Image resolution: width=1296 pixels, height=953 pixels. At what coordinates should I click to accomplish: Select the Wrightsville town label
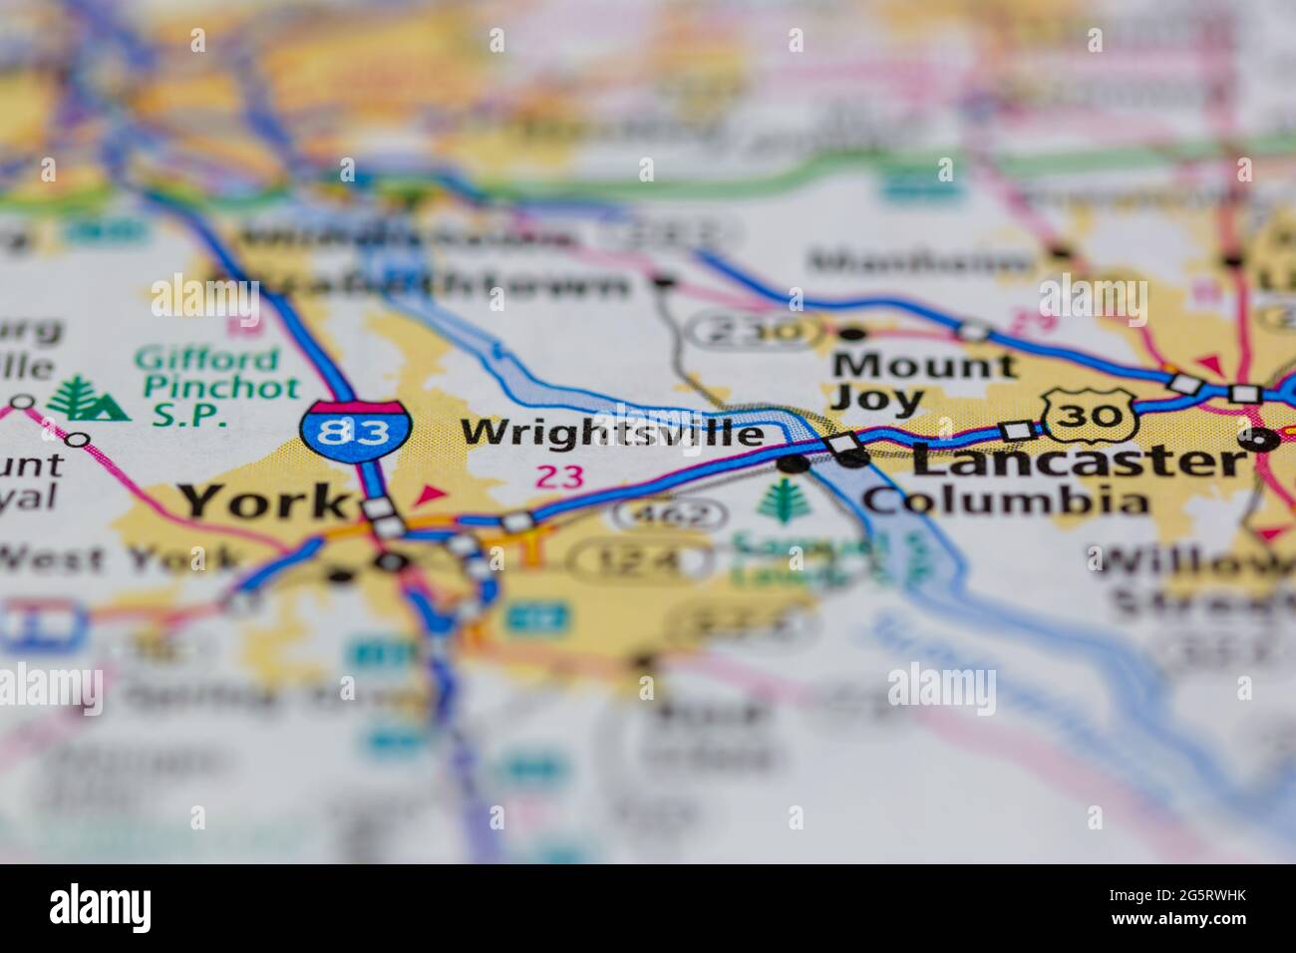pyautogui.click(x=613, y=434)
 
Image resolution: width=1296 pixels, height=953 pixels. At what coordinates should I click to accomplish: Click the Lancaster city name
pyautogui.click(x=1078, y=461)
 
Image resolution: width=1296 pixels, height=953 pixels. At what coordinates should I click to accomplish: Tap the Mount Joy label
pyautogui.click(x=923, y=383)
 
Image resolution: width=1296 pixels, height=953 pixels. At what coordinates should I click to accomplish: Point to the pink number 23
pyautogui.click(x=559, y=476)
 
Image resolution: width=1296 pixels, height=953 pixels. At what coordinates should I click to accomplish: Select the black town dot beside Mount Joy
pyautogui.click(x=852, y=332)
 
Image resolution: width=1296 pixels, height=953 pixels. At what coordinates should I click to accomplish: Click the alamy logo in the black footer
pyautogui.click(x=100, y=908)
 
